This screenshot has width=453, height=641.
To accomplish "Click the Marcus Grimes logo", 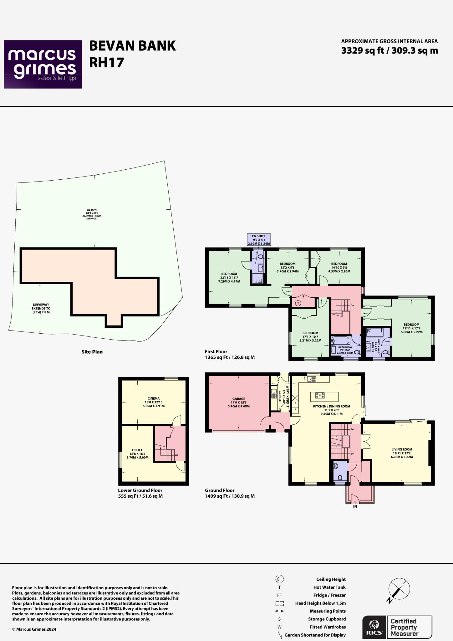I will (x=43, y=64).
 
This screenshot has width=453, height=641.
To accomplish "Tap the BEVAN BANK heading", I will (x=132, y=46).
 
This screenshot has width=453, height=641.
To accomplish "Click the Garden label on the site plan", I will (x=92, y=214).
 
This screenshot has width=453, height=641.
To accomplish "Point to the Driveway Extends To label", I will (x=41, y=308).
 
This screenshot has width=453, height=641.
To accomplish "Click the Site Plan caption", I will (x=92, y=352).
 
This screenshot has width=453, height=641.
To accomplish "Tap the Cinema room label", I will (x=154, y=402).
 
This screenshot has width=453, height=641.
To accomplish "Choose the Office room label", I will (x=137, y=454).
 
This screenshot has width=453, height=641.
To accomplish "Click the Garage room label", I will (x=239, y=403).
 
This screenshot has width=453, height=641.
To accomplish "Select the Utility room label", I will (x=280, y=396).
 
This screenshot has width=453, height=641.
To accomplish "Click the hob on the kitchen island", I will (x=320, y=395).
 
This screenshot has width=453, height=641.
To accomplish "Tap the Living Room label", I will (x=402, y=453).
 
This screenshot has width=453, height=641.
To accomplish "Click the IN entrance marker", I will (x=355, y=507).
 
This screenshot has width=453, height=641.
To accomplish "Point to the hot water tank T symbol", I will (x=298, y=303).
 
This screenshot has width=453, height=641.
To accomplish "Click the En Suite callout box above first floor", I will (x=259, y=240).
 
